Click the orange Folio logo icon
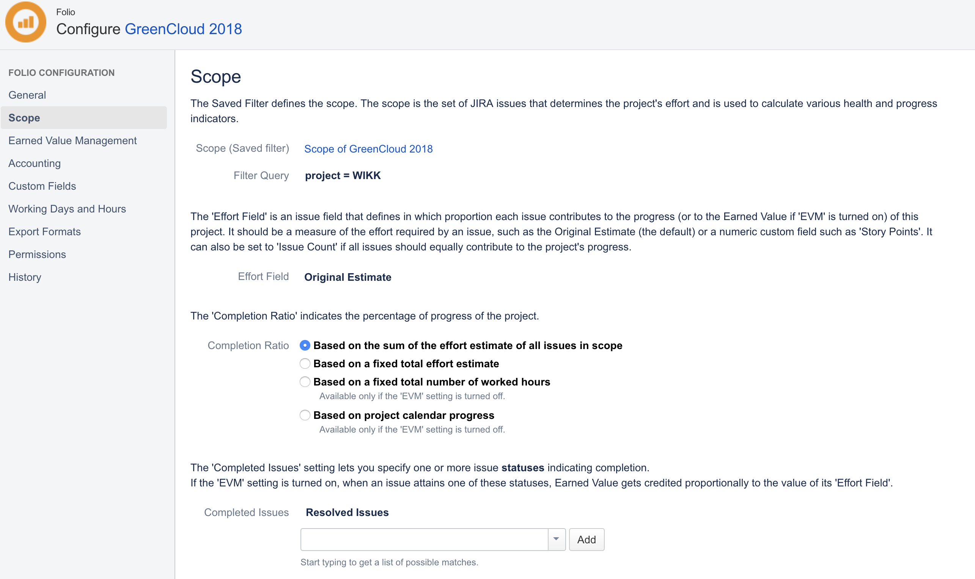point(26,22)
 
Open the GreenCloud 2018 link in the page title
point(183,29)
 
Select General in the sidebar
point(27,95)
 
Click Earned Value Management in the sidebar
point(72,140)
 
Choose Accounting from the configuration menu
point(35,163)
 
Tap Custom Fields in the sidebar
point(42,186)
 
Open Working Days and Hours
point(67,209)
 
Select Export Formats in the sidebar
point(44,231)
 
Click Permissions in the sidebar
point(37,254)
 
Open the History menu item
point(25,277)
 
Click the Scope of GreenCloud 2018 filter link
point(368,149)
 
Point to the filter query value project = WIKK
point(343,176)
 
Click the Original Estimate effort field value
point(348,277)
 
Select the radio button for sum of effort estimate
point(305,345)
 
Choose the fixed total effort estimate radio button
point(305,363)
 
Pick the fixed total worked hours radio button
point(305,382)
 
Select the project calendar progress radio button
point(305,415)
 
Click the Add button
point(586,540)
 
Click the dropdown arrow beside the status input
point(556,539)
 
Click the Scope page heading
point(215,77)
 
